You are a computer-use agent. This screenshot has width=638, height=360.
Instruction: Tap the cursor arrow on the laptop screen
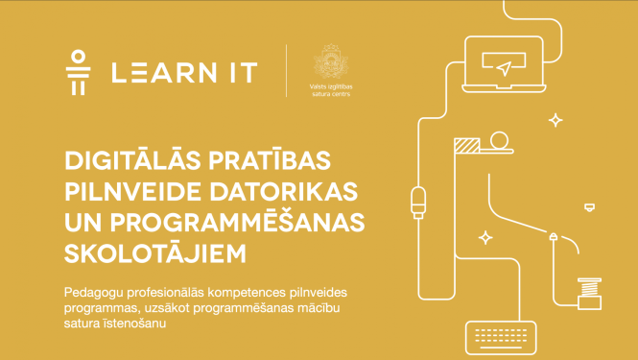click(x=502, y=66)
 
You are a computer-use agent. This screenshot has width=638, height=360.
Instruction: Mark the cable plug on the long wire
click(x=416, y=202)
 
